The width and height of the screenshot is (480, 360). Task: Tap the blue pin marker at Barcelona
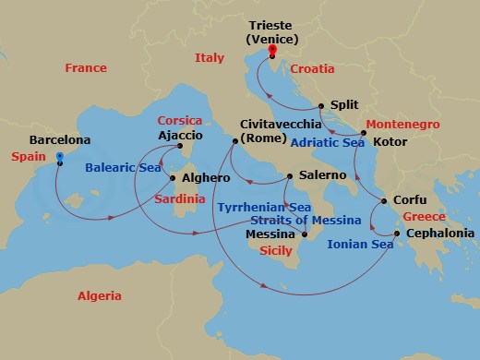[x=59, y=158]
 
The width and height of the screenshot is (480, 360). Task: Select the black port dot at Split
[x=320, y=106]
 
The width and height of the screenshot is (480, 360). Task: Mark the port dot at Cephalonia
[x=397, y=234]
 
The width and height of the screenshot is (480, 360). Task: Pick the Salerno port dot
[x=289, y=175]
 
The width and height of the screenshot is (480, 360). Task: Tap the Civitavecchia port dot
[x=234, y=141]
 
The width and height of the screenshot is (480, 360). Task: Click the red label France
[x=86, y=68]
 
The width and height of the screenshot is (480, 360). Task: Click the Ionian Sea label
[x=360, y=245]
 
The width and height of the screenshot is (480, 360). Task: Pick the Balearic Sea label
[x=123, y=169]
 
